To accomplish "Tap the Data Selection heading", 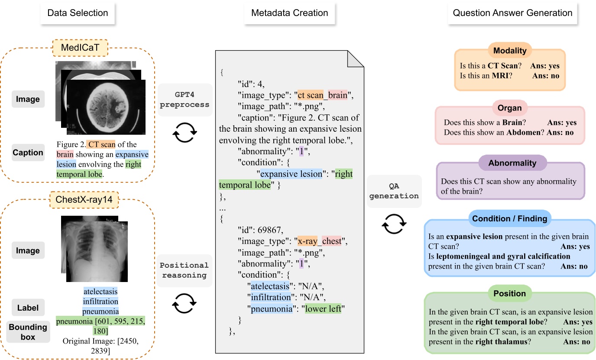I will click(x=78, y=13).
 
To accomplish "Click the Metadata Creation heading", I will click(x=289, y=13).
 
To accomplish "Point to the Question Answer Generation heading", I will click(x=512, y=13).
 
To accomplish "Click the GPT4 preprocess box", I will click(x=185, y=99).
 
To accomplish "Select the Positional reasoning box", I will click(x=185, y=270).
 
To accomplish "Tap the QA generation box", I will click(x=394, y=191).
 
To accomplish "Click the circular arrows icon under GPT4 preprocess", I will click(x=185, y=133).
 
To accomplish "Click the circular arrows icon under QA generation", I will click(x=394, y=224).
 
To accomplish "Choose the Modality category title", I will click(x=510, y=51).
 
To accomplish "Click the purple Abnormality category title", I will click(x=512, y=163).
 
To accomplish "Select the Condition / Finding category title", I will click(x=509, y=219).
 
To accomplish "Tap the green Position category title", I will click(x=509, y=293).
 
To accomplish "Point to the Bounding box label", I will click(x=28, y=332).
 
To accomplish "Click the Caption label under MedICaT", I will click(x=28, y=152).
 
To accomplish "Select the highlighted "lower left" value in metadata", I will click(x=323, y=309).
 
